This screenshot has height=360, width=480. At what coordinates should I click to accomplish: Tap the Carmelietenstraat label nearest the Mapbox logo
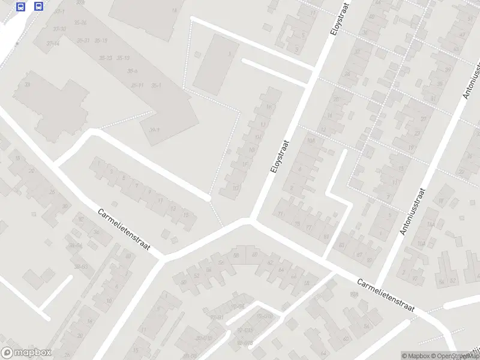pos(124,231)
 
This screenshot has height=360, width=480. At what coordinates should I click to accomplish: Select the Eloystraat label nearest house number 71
pos(280,157)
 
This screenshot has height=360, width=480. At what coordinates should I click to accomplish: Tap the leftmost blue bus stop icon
pos(21,7)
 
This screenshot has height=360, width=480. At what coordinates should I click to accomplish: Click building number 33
pos(26,85)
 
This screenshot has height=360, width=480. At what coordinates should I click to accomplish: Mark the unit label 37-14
pos(52,43)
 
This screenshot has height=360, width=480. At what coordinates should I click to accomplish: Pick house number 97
pos(359,254)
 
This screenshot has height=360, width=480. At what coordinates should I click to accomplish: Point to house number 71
pos(280,214)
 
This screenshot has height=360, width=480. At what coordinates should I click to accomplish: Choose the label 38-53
pos(80,266)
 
